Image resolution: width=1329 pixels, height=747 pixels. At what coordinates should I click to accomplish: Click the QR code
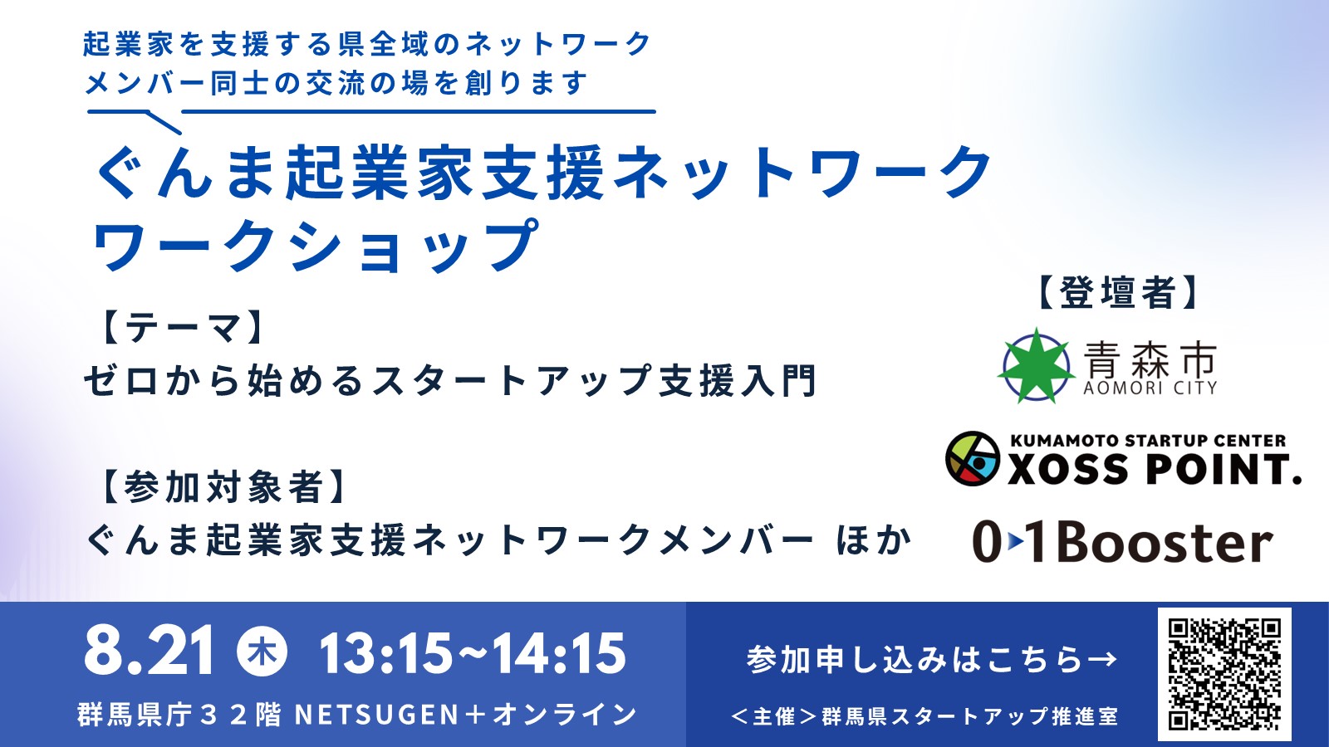tap(1224, 674)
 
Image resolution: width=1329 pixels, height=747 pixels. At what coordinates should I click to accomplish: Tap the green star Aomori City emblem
tap(1037, 365)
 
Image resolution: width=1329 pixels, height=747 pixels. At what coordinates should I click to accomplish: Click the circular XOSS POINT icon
tap(973, 459)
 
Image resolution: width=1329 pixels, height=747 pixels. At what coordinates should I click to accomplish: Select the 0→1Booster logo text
tap(1122, 543)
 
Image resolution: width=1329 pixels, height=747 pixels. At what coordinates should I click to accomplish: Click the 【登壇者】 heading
tap(1117, 292)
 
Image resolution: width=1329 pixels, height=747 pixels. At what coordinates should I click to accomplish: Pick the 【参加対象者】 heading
tap(223, 487)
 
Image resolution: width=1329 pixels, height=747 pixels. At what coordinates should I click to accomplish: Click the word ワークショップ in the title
tap(316, 246)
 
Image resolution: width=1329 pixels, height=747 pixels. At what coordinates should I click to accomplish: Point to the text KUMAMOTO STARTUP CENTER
tap(1147, 441)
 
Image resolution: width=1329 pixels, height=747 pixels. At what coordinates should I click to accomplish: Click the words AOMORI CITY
tap(1150, 388)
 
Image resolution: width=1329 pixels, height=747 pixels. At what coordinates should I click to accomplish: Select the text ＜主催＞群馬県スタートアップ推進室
tap(924, 716)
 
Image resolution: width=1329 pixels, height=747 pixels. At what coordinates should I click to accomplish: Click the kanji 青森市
tap(1150, 358)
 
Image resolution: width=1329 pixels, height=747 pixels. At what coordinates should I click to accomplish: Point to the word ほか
tap(873, 540)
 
